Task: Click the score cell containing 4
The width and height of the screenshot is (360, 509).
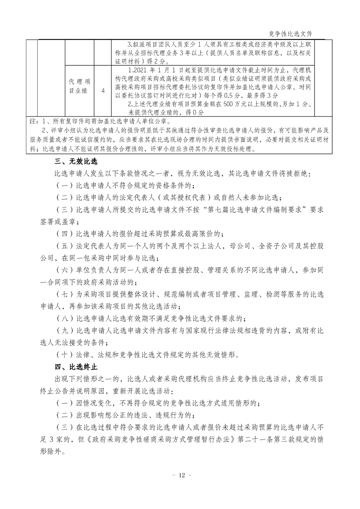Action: [x=103, y=91]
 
